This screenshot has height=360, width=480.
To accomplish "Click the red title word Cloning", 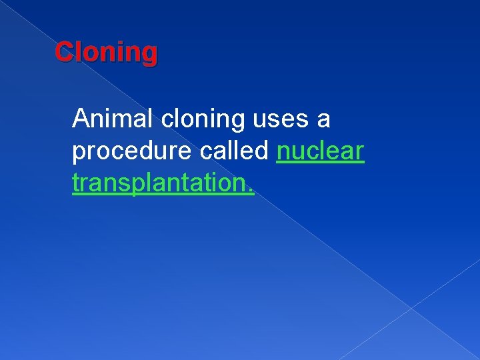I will pyautogui.click(x=106, y=52).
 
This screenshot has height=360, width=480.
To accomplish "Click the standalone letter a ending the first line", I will pyautogui.click(x=323, y=121).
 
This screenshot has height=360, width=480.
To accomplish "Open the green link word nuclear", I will pyautogui.click(x=320, y=151).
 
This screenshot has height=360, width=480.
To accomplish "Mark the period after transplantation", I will pyautogui.click(x=251, y=191).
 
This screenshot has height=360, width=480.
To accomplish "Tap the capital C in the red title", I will pyautogui.click(x=64, y=51).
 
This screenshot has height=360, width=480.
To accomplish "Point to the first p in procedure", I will pyautogui.click(x=79, y=154).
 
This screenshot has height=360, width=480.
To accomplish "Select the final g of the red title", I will pyautogui.click(x=151, y=55).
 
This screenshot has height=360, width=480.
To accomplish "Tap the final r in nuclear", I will pyautogui.click(x=360, y=153).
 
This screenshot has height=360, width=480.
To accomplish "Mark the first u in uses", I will pyautogui.click(x=260, y=121).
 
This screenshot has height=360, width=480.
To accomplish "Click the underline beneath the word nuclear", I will pyautogui.click(x=320, y=162).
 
